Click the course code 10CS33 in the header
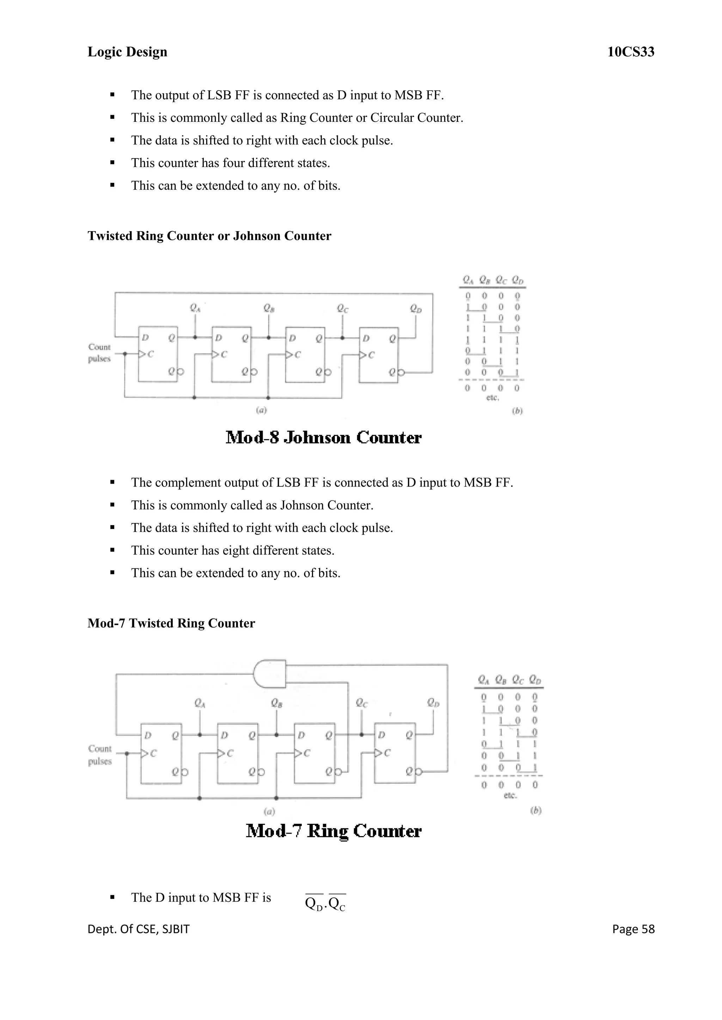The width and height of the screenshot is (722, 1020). (x=630, y=52)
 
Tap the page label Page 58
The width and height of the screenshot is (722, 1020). (x=633, y=929)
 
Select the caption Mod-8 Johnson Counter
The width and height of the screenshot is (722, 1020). (x=323, y=437)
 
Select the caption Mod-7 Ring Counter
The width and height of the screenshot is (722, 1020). (x=334, y=831)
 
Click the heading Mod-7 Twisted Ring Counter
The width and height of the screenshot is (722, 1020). (x=171, y=623)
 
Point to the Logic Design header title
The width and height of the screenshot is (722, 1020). (x=127, y=52)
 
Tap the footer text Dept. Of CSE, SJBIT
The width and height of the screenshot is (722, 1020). (x=138, y=929)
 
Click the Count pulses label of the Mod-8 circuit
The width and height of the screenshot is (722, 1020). (x=99, y=353)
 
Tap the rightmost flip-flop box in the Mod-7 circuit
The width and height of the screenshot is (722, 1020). (x=395, y=753)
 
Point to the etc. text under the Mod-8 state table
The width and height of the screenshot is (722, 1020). (x=492, y=398)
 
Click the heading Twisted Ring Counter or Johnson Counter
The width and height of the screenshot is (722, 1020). (x=209, y=236)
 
